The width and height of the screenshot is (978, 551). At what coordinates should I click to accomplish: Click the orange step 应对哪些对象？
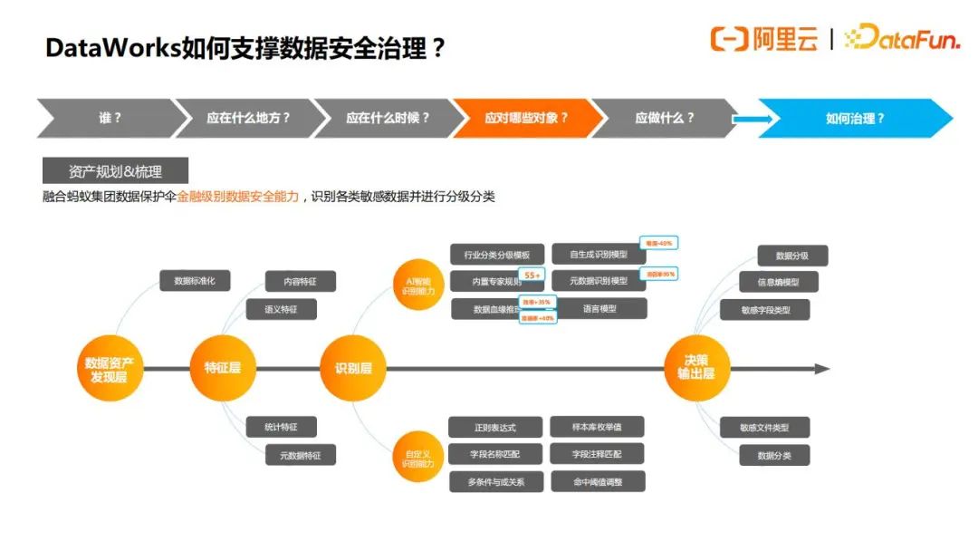coord(526,118)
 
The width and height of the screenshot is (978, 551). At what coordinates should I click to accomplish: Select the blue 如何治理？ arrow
coord(855,118)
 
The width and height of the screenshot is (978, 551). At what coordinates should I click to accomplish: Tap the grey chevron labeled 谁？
coord(109,118)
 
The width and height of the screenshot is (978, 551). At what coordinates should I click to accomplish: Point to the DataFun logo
coord(901,39)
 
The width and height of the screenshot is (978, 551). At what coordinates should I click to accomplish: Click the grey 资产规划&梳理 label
coord(115,170)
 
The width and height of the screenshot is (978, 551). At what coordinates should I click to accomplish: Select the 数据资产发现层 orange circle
coord(109,369)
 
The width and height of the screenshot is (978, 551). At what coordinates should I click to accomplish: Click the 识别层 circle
coord(353,369)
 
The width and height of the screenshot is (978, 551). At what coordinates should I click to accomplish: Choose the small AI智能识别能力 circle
coord(418,285)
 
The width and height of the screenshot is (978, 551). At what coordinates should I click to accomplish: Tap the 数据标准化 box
coord(195,281)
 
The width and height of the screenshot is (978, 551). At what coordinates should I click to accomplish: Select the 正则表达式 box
coord(495,427)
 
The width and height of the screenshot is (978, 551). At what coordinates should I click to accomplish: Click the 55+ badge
coord(532,275)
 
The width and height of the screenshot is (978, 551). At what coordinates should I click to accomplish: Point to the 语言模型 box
coord(599,308)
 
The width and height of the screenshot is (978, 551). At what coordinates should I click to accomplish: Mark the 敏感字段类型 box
coord(766,310)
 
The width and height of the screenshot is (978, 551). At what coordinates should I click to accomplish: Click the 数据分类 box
coord(774,455)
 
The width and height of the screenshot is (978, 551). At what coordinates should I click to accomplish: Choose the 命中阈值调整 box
coord(598,481)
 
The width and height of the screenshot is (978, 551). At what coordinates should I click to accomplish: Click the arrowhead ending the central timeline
coord(821,369)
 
